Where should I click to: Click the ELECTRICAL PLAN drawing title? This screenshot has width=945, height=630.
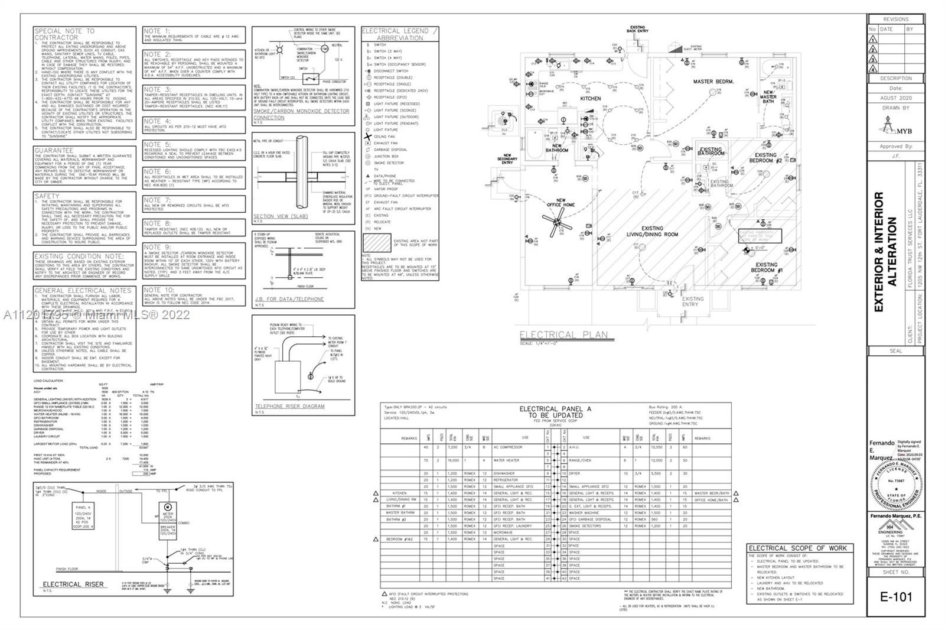click(563, 335)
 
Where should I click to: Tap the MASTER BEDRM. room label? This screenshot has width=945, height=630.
click(713, 82)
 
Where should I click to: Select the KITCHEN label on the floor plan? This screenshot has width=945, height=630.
click(590, 99)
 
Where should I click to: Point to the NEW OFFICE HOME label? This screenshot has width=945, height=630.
click(561, 203)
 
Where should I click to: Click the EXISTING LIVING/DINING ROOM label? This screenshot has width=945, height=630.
click(652, 231)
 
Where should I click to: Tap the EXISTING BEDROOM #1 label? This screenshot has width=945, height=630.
click(766, 268)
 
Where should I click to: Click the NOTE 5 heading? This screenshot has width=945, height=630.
click(157, 144)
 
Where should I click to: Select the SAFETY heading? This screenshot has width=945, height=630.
click(47, 196)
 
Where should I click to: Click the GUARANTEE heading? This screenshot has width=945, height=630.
click(54, 151)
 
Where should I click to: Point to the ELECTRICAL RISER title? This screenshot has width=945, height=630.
click(73, 584)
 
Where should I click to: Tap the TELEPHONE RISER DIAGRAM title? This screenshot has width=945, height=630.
click(289, 406)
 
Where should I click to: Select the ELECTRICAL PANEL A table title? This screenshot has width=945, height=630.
click(555, 412)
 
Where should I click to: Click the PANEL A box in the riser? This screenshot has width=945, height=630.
click(83, 518)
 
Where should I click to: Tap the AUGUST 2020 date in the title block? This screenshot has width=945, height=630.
click(896, 98)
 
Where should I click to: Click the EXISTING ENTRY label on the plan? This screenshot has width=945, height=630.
click(693, 301)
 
